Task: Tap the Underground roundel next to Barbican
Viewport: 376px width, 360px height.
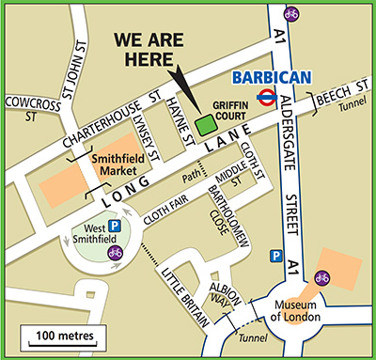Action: coord(268,95)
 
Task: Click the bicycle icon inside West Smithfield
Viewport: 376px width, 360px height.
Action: coord(115,252)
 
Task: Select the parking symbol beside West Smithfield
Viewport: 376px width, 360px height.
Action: coord(115,227)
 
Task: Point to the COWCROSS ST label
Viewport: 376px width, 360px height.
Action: coord(32,108)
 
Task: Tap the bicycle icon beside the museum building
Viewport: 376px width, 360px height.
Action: coord(321,277)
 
